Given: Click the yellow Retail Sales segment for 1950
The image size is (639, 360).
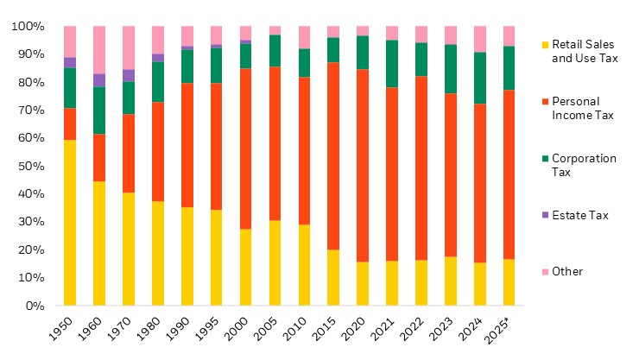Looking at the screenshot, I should pos(70,223).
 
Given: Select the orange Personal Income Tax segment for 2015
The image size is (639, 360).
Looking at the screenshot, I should pos(333,156).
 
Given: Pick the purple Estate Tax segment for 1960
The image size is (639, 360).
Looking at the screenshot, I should pos(99,80).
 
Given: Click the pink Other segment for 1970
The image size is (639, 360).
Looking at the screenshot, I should pos(129,47).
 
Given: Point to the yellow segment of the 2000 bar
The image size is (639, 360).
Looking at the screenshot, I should pos(246,267).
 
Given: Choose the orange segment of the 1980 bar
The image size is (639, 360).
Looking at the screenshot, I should pos(158,152).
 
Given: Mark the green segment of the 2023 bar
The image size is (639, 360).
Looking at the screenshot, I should pos(451,69).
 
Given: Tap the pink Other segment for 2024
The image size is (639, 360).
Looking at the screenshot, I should pos(480,39).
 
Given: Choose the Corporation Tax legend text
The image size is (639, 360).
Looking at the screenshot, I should pos(584,165).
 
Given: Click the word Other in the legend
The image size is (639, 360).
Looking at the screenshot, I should pos(566,272).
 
